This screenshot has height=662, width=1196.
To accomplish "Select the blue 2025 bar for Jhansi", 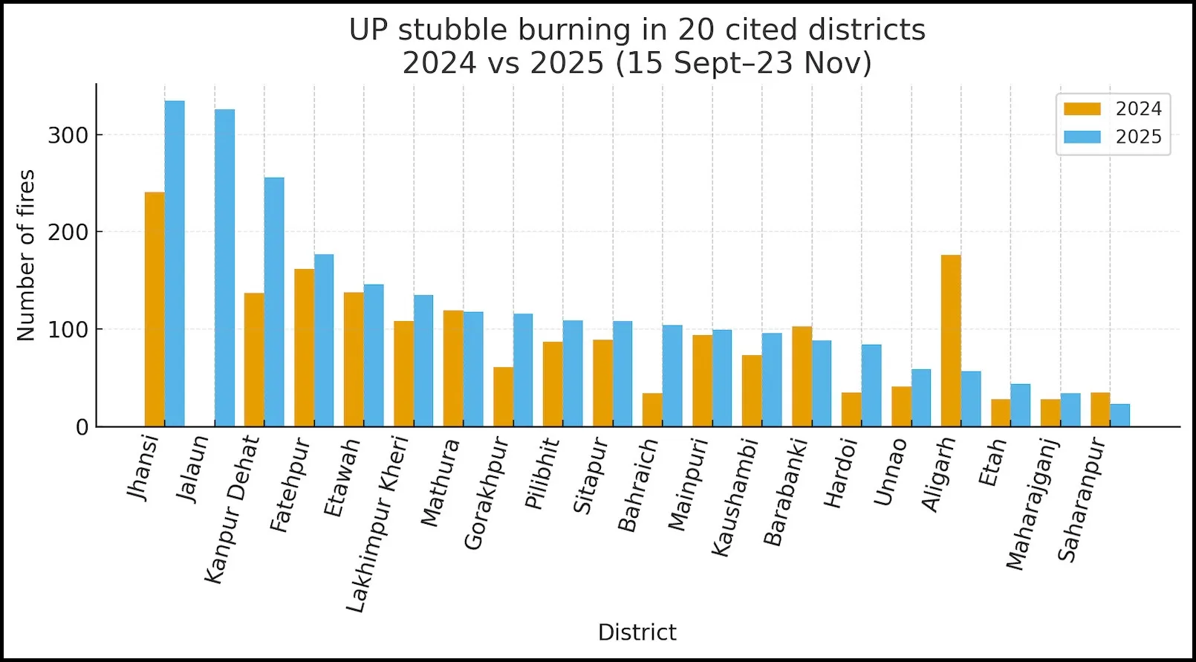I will point(175,263).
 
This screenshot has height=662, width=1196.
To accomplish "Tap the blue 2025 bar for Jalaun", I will point(224,267).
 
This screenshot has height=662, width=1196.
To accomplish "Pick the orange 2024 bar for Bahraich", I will point(652,409).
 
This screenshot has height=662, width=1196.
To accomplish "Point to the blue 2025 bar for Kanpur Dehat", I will point(274,302).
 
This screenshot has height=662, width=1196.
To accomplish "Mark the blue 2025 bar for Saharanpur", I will point(1119,415).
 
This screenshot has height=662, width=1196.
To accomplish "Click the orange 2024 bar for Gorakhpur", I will point(503,397).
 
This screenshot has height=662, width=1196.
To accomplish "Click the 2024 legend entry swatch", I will point(1082,109).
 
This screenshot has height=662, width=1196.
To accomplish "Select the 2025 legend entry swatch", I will point(1082,137).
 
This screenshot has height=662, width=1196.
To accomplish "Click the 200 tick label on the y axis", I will point(68,232).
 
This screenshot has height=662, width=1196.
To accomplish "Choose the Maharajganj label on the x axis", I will point(1033,505).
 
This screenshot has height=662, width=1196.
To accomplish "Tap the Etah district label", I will point(992,462).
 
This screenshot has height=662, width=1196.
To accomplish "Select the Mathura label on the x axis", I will point(439,484).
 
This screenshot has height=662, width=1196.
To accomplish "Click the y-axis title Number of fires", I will point(26,256).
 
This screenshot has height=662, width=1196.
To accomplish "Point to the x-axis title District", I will point(637,632).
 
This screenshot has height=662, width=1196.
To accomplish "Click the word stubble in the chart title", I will point(453,30).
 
